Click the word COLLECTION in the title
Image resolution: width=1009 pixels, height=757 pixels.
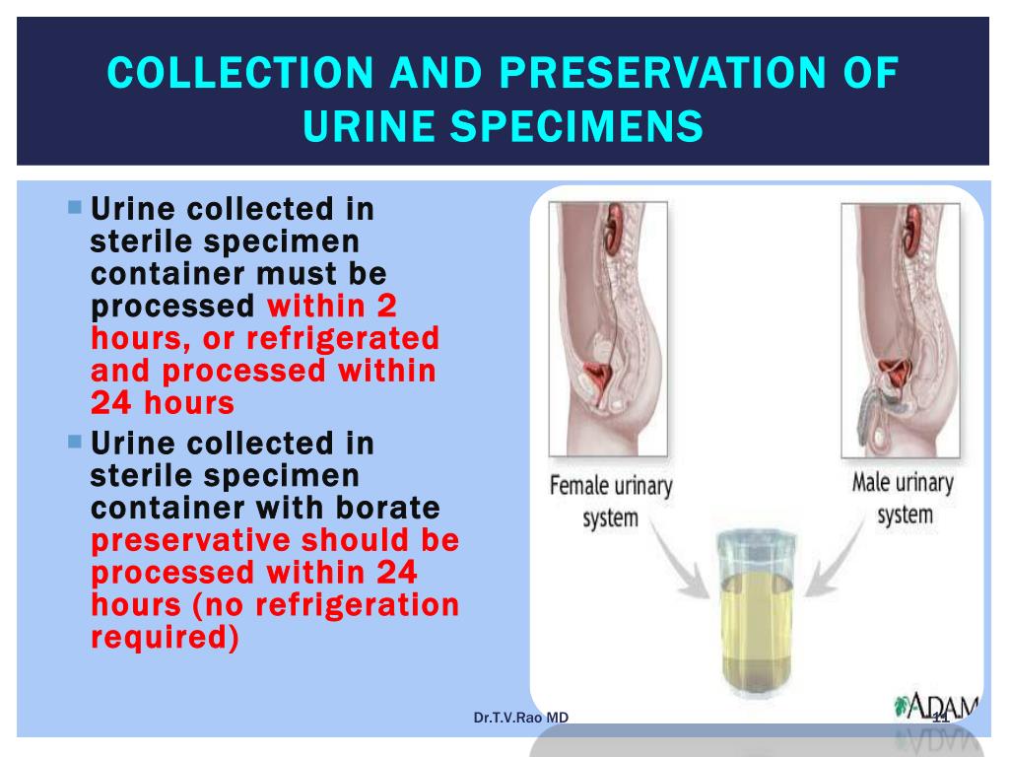click(240, 72)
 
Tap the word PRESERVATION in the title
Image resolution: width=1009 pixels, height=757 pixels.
click(663, 72)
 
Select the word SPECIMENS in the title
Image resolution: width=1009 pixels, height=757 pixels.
click(576, 125)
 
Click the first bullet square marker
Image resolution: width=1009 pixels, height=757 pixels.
click(75, 207)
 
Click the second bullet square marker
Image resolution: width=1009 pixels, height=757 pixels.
click(75, 442)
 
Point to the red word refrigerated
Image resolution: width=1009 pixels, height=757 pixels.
click(343, 339)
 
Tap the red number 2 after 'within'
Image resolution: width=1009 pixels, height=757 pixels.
click(386, 306)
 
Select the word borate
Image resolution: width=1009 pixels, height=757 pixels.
click(387, 508)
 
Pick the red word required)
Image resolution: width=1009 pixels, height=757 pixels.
click(165, 638)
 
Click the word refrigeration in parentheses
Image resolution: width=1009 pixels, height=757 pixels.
click(357, 604)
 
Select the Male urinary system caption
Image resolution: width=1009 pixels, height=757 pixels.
click(903, 498)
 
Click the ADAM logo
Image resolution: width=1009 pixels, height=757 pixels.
click(937, 707)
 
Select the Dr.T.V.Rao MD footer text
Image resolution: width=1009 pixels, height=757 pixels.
click(521, 718)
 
